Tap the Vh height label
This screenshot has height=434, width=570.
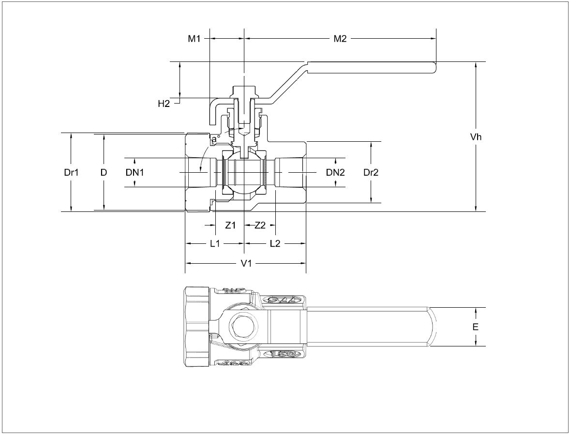pos(476,137)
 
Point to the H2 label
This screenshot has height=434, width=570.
pos(164,103)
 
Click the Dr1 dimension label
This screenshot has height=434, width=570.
pos(71,172)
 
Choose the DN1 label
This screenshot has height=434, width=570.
pos(135,172)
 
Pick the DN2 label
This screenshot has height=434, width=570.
pos(335,172)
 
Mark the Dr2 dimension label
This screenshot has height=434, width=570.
pos(371,172)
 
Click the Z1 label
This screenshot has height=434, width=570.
pos(231,225)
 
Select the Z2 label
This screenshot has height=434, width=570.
pos(260,225)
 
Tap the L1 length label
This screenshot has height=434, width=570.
pos(215,244)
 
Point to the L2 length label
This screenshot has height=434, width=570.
pos(275,244)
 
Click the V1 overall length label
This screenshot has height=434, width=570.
pos(246,263)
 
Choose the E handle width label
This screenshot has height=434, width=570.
pos(476,327)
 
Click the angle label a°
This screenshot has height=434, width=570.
pos(214,140)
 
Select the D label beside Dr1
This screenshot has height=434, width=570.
pos(104,172)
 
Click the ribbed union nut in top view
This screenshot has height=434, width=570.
pos(196,327)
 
